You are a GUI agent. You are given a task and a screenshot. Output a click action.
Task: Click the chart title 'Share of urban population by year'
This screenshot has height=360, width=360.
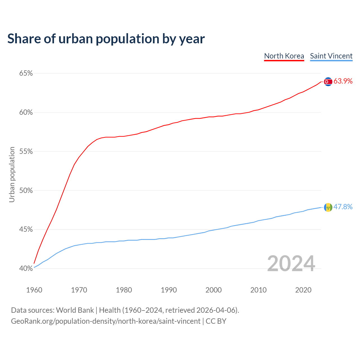coord(106,39)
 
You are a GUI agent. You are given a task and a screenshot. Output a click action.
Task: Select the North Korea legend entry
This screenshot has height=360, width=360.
coord(284,56)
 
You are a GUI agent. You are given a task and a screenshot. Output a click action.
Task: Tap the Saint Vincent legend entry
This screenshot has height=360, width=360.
coord(331,56)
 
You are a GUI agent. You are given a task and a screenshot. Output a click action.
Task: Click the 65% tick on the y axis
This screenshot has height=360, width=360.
coord(26,73)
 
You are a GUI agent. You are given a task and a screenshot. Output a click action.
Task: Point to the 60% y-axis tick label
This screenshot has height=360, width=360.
coord(26,112)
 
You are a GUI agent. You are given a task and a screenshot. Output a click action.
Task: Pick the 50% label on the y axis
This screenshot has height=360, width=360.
coord(26,190)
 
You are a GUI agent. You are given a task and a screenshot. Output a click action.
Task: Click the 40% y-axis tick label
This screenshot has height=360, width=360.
coord(26,269)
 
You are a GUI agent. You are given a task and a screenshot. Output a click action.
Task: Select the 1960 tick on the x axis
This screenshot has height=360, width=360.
coord(34,290)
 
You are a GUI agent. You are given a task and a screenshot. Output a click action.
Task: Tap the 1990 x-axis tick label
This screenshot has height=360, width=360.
coord(169,290)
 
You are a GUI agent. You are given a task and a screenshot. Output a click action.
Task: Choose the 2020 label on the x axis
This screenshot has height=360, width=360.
coord(303,290)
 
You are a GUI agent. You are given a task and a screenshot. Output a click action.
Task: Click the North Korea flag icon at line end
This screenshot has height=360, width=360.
coord(328,82)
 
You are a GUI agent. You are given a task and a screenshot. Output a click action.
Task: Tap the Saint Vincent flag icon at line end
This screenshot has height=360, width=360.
coord(328,207)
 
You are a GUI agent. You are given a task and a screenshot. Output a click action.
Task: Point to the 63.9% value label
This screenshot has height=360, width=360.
coord(343,81)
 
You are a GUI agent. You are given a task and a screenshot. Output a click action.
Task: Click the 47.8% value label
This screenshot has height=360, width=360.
coord(343,207)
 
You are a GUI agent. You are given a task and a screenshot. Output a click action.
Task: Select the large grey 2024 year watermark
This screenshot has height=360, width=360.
coord(291,264)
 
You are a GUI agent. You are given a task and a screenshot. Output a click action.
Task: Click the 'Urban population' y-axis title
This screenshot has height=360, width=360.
coord(12,174)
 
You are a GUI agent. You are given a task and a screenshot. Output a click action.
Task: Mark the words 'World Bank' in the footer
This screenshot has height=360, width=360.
coord(75,310)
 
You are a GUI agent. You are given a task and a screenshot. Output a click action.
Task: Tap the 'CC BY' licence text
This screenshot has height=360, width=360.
coord(216,321)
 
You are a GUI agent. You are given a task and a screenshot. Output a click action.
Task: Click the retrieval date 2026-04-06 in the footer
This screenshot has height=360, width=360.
coord(216,310)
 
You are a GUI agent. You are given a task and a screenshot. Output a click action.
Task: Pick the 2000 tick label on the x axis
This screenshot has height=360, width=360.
coord(213,290)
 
